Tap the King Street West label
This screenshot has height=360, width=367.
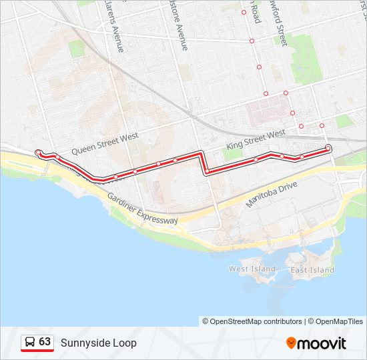pyautogui.click(x=256, y=139)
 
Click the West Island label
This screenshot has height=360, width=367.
pyautogui.click(x=252, y=269)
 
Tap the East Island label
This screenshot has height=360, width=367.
pyautogui.click(x=312, y=270)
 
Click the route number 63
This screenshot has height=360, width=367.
pyautogui.click(x=45, y=341)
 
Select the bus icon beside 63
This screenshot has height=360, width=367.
pyautogui.click(x=30, y=342)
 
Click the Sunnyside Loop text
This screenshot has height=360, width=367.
pyautogui.click(x=99, y=343)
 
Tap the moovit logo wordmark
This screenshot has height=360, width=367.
pyautogui.click(x=322, y=343)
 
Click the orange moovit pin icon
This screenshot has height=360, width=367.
pyautogui.click(x=291, y=343)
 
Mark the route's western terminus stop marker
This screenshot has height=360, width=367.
pyautogui.click(x=38, y=152)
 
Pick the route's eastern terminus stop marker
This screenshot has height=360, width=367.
pyautogui.click(x=328, y=147)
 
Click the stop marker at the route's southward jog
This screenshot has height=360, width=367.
pyautogui.click(x=208, y=171)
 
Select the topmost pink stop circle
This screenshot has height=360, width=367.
pyautogui.click(x=244, y=12)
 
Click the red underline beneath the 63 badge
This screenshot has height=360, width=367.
pyautogui.click(x=37, y=351)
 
